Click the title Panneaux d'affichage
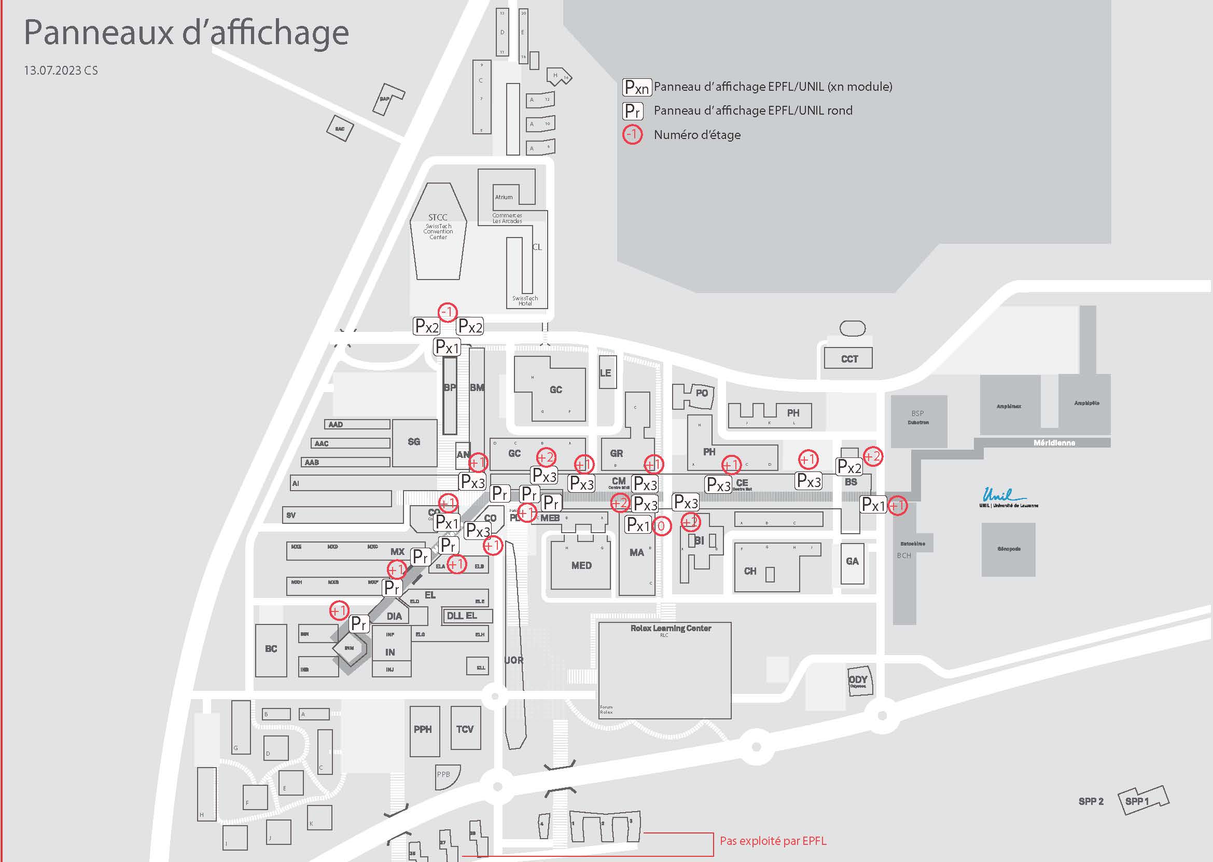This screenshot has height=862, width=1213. [x=186, y=33]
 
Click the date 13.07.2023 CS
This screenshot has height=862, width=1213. [x=61, y=71]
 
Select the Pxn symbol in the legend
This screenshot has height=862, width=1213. [x=636, y=87]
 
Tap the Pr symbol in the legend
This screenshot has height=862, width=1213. [x=632, y=111]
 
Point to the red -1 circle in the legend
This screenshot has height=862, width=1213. [x=632, y=135]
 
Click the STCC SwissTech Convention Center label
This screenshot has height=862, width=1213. [x=438, y=226]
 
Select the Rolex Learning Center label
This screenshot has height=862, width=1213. [x=671, y=629]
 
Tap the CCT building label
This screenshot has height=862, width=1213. [x=849, y=359]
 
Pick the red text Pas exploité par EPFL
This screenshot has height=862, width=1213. [x=773, y=841]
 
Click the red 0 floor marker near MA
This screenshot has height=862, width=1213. [x=661, y=526]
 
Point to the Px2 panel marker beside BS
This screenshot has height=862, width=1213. [x=849, y=467]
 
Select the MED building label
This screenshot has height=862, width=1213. [x=581, y=566]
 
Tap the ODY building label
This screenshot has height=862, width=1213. [x=857, y=680]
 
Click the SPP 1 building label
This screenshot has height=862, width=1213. [x=1137, y=801]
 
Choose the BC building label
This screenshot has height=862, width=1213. [x=271, y=649]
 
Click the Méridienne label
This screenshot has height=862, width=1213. [x=1054, y=443]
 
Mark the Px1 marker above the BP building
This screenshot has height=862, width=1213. [x=447, y=347]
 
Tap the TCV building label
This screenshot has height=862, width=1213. [x=465, y=729]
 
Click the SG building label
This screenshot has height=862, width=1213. [x=414, y=441]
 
